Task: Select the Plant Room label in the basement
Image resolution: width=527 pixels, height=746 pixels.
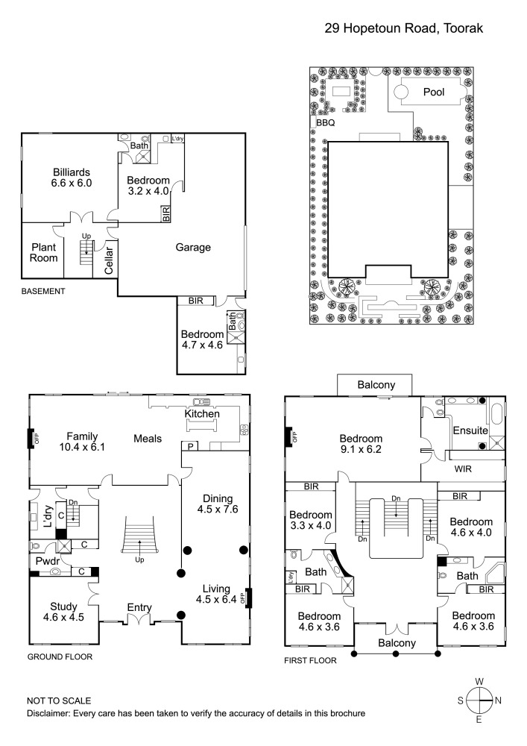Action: (x=44, y=253)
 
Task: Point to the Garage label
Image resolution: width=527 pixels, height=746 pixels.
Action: (x=193, y=248)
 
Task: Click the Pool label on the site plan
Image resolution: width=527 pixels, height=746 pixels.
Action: (x=433, y=93)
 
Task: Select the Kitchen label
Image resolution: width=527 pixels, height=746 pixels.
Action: (x=201, y=413)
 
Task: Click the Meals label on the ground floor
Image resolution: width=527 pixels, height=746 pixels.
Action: (x=148, y=439)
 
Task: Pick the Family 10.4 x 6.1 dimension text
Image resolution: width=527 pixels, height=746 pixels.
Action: (x=83, y=448)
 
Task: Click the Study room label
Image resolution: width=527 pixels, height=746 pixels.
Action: (x=63, y=606)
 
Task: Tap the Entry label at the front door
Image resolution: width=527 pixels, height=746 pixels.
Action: (x=139, y=607)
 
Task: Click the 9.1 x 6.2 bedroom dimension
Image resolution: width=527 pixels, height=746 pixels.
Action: (x=361, y=450)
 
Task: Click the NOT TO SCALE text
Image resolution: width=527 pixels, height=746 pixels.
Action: (x=59, y=701)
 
